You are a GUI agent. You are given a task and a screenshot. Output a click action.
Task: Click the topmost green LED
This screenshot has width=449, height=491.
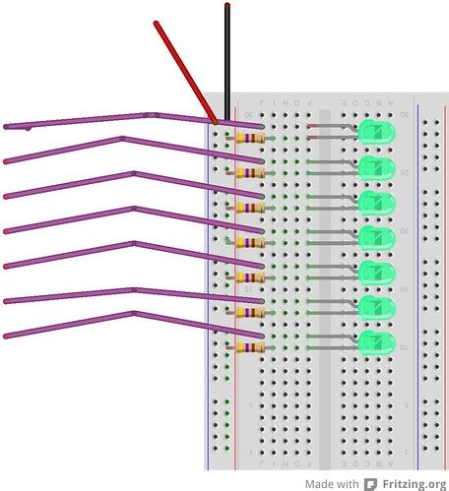coord(375,133)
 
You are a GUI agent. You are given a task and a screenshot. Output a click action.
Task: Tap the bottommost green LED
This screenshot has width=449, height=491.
coord(375,343)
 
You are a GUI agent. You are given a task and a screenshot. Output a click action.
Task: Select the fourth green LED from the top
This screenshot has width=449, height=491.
coord(375,238)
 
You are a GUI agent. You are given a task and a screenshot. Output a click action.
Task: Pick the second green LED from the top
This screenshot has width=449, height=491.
coord(375,168)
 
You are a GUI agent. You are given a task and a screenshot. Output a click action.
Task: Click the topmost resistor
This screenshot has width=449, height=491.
coord(250,139)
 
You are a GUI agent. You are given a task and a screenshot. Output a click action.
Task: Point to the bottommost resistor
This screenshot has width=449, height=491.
coord(250,348)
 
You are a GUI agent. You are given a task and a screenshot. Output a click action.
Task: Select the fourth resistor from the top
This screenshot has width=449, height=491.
coord(250,243)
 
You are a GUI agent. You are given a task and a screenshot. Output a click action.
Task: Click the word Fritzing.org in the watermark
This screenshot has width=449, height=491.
coord(413,483)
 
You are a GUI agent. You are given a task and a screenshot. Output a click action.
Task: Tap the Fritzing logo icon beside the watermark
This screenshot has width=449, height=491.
coord(370,483)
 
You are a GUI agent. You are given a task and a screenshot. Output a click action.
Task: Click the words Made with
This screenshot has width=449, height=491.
coord(331,483)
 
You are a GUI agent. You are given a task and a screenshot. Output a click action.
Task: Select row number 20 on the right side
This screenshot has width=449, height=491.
coord(404,229)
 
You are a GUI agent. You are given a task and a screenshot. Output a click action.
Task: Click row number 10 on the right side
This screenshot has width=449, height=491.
coord(404,347)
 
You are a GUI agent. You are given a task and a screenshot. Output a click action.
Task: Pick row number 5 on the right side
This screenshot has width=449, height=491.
coord(404,404)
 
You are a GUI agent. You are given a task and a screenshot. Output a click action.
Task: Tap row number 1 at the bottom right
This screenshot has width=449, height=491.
coord(404,452)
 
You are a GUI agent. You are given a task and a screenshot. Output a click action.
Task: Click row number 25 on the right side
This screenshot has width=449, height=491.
coord(404,173)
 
